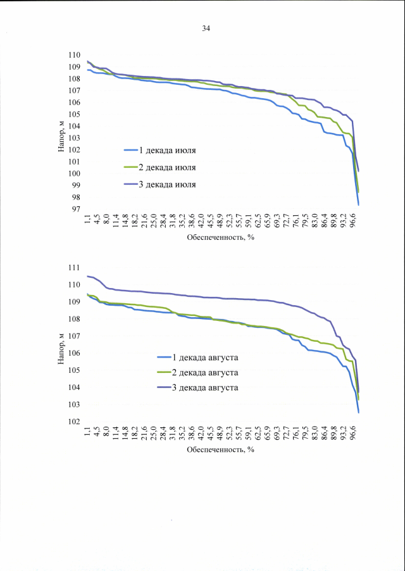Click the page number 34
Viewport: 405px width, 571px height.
[x=206, y=28]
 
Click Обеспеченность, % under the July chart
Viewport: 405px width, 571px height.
[x=220, y=239]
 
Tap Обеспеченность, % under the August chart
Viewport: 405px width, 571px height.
[x=220, y=450]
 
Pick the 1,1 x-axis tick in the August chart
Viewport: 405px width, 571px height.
[x=87, y=434]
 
